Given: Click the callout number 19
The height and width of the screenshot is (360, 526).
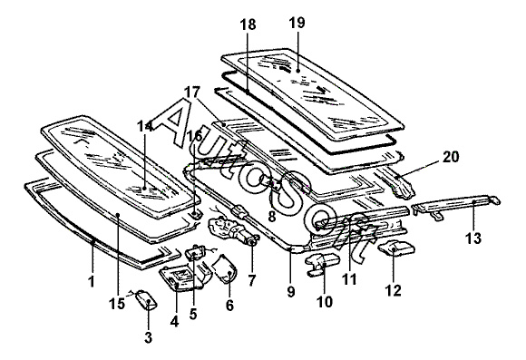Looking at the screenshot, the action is [297, 23].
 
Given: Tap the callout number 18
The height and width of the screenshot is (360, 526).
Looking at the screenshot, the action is [248, 24].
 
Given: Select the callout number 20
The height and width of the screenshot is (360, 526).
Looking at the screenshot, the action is [452, 157].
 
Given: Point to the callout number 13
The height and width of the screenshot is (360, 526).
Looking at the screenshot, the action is [473, 238].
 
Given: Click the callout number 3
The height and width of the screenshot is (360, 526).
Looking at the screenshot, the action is [148, 337].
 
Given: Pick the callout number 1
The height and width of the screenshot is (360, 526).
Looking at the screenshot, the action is [92, 281].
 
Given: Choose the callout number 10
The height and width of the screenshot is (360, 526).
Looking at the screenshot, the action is [325, 302].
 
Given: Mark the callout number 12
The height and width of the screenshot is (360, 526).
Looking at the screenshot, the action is [394, 290].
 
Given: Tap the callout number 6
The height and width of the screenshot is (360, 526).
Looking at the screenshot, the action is [229, 306].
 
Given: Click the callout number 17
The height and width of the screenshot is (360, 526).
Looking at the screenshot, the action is [192, 92].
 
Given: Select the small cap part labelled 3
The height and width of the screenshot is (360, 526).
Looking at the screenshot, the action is [146, 299].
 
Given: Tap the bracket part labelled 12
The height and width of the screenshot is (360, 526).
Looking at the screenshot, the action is [396, 248].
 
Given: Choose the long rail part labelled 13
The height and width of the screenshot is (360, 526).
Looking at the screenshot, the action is [455, 206].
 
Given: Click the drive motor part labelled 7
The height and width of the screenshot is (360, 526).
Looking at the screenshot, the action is [233, 229].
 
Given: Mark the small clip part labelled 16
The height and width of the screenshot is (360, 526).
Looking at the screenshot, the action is [195, 213].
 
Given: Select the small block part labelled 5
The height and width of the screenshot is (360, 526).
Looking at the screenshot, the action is [195, 253].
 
